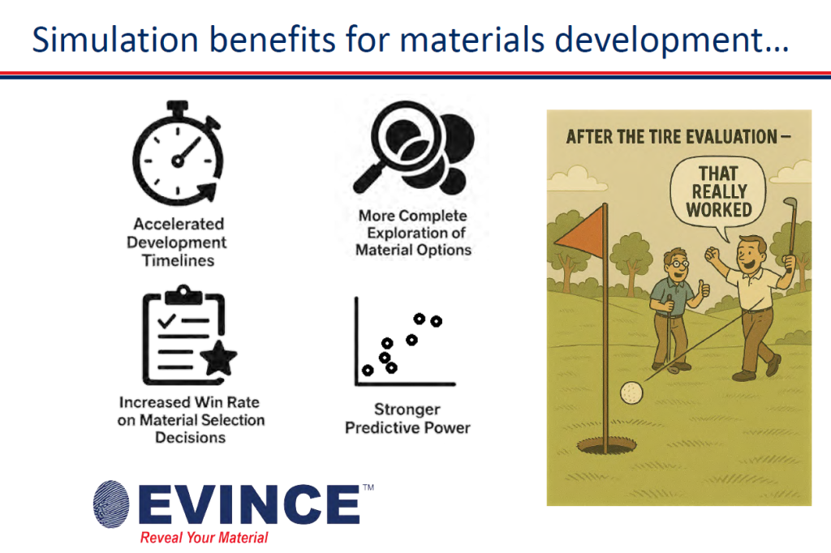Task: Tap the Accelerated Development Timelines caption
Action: point(179,242)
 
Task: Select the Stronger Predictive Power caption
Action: point(407,418)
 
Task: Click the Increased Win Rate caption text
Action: point(191,419)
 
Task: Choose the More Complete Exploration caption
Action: point(413,233)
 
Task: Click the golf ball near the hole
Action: point(631,392)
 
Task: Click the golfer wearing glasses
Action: point(674,309)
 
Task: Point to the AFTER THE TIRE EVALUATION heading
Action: point(678,136)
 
